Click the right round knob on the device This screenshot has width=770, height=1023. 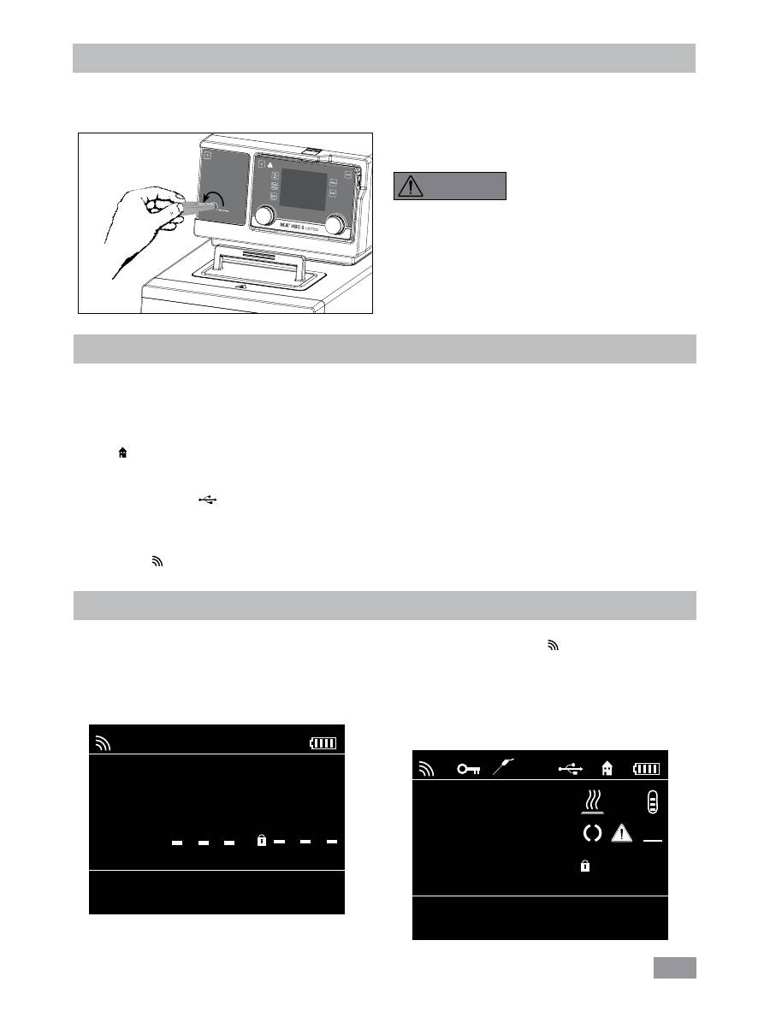[338, 224]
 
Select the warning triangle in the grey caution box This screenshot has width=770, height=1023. [410, 186]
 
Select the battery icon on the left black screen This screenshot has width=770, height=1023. [323, 743]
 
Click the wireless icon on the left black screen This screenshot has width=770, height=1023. [104, 742]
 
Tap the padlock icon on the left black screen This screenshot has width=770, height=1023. [262, 842]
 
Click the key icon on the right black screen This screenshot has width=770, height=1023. [468, 769]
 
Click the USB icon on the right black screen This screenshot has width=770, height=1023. [572, 769]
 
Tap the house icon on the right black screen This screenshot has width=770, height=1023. [607, 769]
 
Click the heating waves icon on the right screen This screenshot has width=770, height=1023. [592, 801]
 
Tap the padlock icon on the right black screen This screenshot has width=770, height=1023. [585, 866]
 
